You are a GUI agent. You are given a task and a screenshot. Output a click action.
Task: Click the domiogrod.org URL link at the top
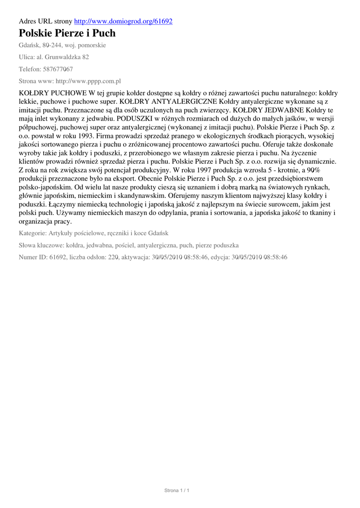(x=123, y=21)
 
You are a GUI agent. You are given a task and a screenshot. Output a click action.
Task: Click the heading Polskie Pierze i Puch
(x=67, y=33)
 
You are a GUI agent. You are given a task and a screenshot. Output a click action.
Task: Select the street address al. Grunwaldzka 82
(x=63, y=57)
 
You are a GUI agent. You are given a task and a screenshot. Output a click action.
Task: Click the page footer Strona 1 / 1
(x=177, y=491)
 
